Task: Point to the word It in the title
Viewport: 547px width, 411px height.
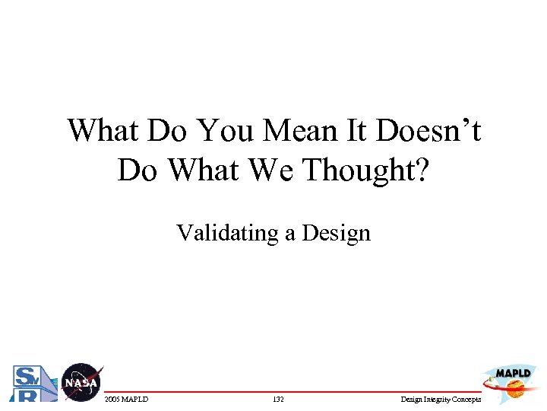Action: coord(358,131)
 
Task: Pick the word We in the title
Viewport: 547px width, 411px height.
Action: coord(271,170)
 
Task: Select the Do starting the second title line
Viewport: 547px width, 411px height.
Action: coord(137,170)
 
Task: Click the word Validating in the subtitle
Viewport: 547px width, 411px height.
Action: coord(228,232)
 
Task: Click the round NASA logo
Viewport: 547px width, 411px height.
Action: coord(81,381)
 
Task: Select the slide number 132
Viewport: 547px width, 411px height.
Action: coord(277,399)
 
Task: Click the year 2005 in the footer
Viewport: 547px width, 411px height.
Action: coord(112,399)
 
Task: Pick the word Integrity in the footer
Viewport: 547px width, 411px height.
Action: coord(438,399)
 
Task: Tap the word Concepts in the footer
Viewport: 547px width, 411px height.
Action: coord(468,399)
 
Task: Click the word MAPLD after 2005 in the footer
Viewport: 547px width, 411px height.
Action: coord(135,399)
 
